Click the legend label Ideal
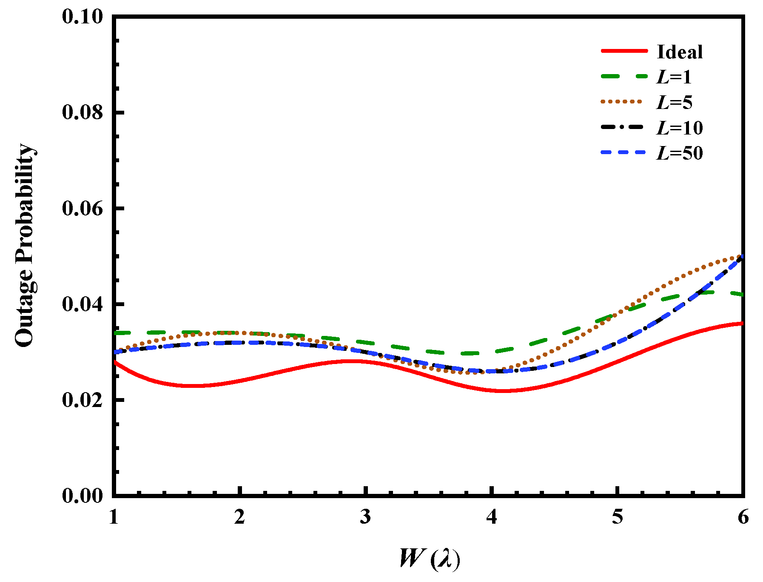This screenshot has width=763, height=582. (x=679, y=52)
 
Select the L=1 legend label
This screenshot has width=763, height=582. (x=674, y=77)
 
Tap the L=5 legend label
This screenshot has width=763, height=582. (x=674, y=103)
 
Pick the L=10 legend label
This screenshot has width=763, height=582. (x=679, y=128)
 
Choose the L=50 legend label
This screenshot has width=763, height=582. (x=679, y=153)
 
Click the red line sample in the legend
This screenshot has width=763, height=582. (x=623, y=51)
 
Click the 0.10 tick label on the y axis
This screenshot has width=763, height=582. (x=83, y=17)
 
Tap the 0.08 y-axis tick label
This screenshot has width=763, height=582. (x=83, y=113)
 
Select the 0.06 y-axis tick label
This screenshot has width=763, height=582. (x=83, y=209)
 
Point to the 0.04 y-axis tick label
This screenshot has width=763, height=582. (x=83, y=304)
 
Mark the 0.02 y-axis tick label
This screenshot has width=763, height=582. (x=83, y=400)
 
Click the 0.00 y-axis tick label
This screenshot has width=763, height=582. (x=83, y=496)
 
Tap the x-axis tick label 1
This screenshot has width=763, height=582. (x=114, y=517)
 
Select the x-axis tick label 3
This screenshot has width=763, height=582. (x=365, y=517)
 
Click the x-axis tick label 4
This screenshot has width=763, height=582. (x=491, y=517)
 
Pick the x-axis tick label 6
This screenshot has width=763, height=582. (x=743, y=517)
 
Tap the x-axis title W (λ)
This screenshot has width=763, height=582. (x=430, y=559)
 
